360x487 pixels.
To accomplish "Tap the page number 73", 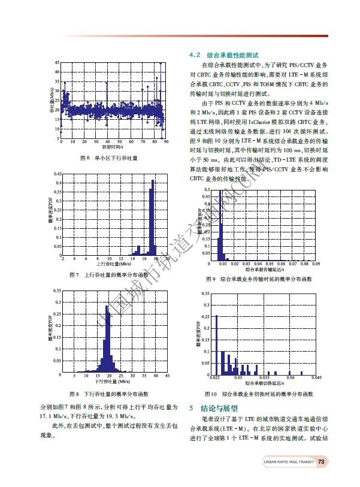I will tap(321, 461).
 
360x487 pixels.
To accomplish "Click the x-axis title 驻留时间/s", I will tap(113, 147).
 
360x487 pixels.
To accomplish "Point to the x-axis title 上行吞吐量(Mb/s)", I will tap(114, 264).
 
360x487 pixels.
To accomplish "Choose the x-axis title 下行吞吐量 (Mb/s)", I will tap(113, 381).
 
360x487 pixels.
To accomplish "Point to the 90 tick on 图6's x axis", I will tap(165, 141).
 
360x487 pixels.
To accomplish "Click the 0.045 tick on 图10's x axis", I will tap(317, 378).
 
